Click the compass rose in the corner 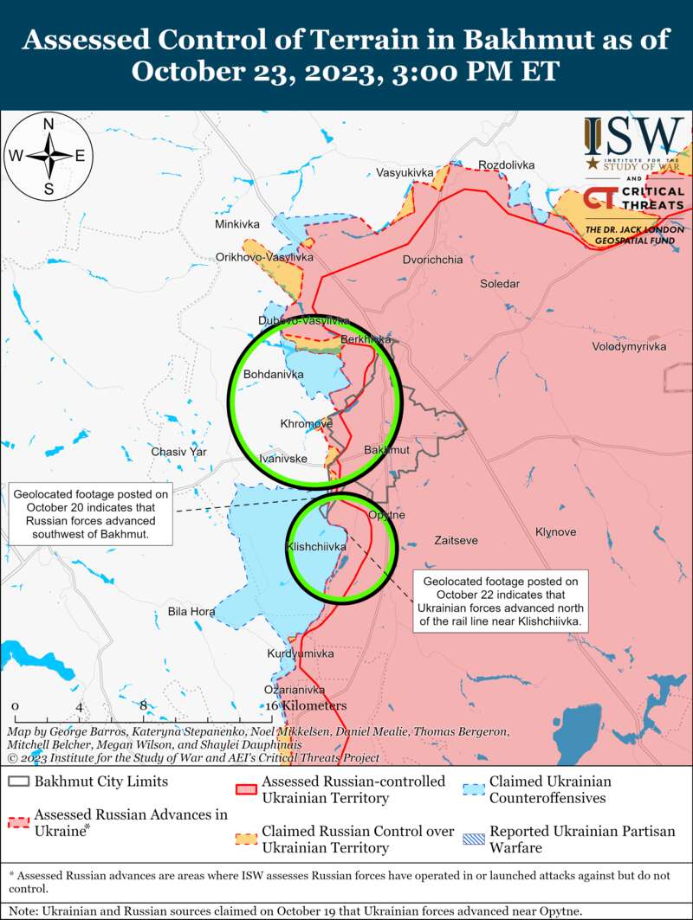point(49,156)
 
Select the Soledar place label point(500,284)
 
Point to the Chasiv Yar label point(178,452)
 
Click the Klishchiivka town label point(316,547)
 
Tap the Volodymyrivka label point(629,346)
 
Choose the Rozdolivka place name point(507,165)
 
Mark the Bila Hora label point(191,612)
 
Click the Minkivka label point(237,225)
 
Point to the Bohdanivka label point(274,375)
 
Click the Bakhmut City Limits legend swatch point(18,782)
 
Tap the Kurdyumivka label point(301,653)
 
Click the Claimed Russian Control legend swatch point(246,839)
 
